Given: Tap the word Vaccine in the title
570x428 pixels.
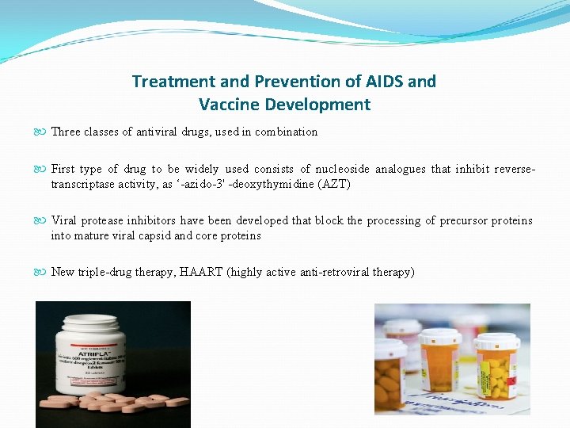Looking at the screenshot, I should (232, 104).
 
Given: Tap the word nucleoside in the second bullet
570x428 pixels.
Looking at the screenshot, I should (340, 169).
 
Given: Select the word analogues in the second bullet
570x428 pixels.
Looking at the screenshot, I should (401, 169).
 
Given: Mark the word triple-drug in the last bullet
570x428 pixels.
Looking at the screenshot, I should (107, 272).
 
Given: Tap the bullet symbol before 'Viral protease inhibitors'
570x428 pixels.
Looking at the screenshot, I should (43, 220).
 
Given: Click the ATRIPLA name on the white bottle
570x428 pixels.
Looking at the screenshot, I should (87, 355).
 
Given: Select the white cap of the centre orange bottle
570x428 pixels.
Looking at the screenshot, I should (440, 335).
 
